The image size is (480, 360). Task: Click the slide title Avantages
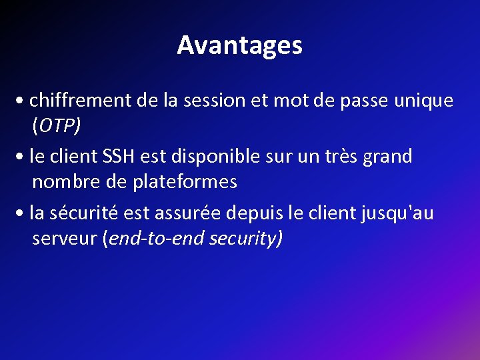(x=240, y=45)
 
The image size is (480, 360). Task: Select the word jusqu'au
(x=397, y=213)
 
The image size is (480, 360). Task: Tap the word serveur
(x=64, y=238)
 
